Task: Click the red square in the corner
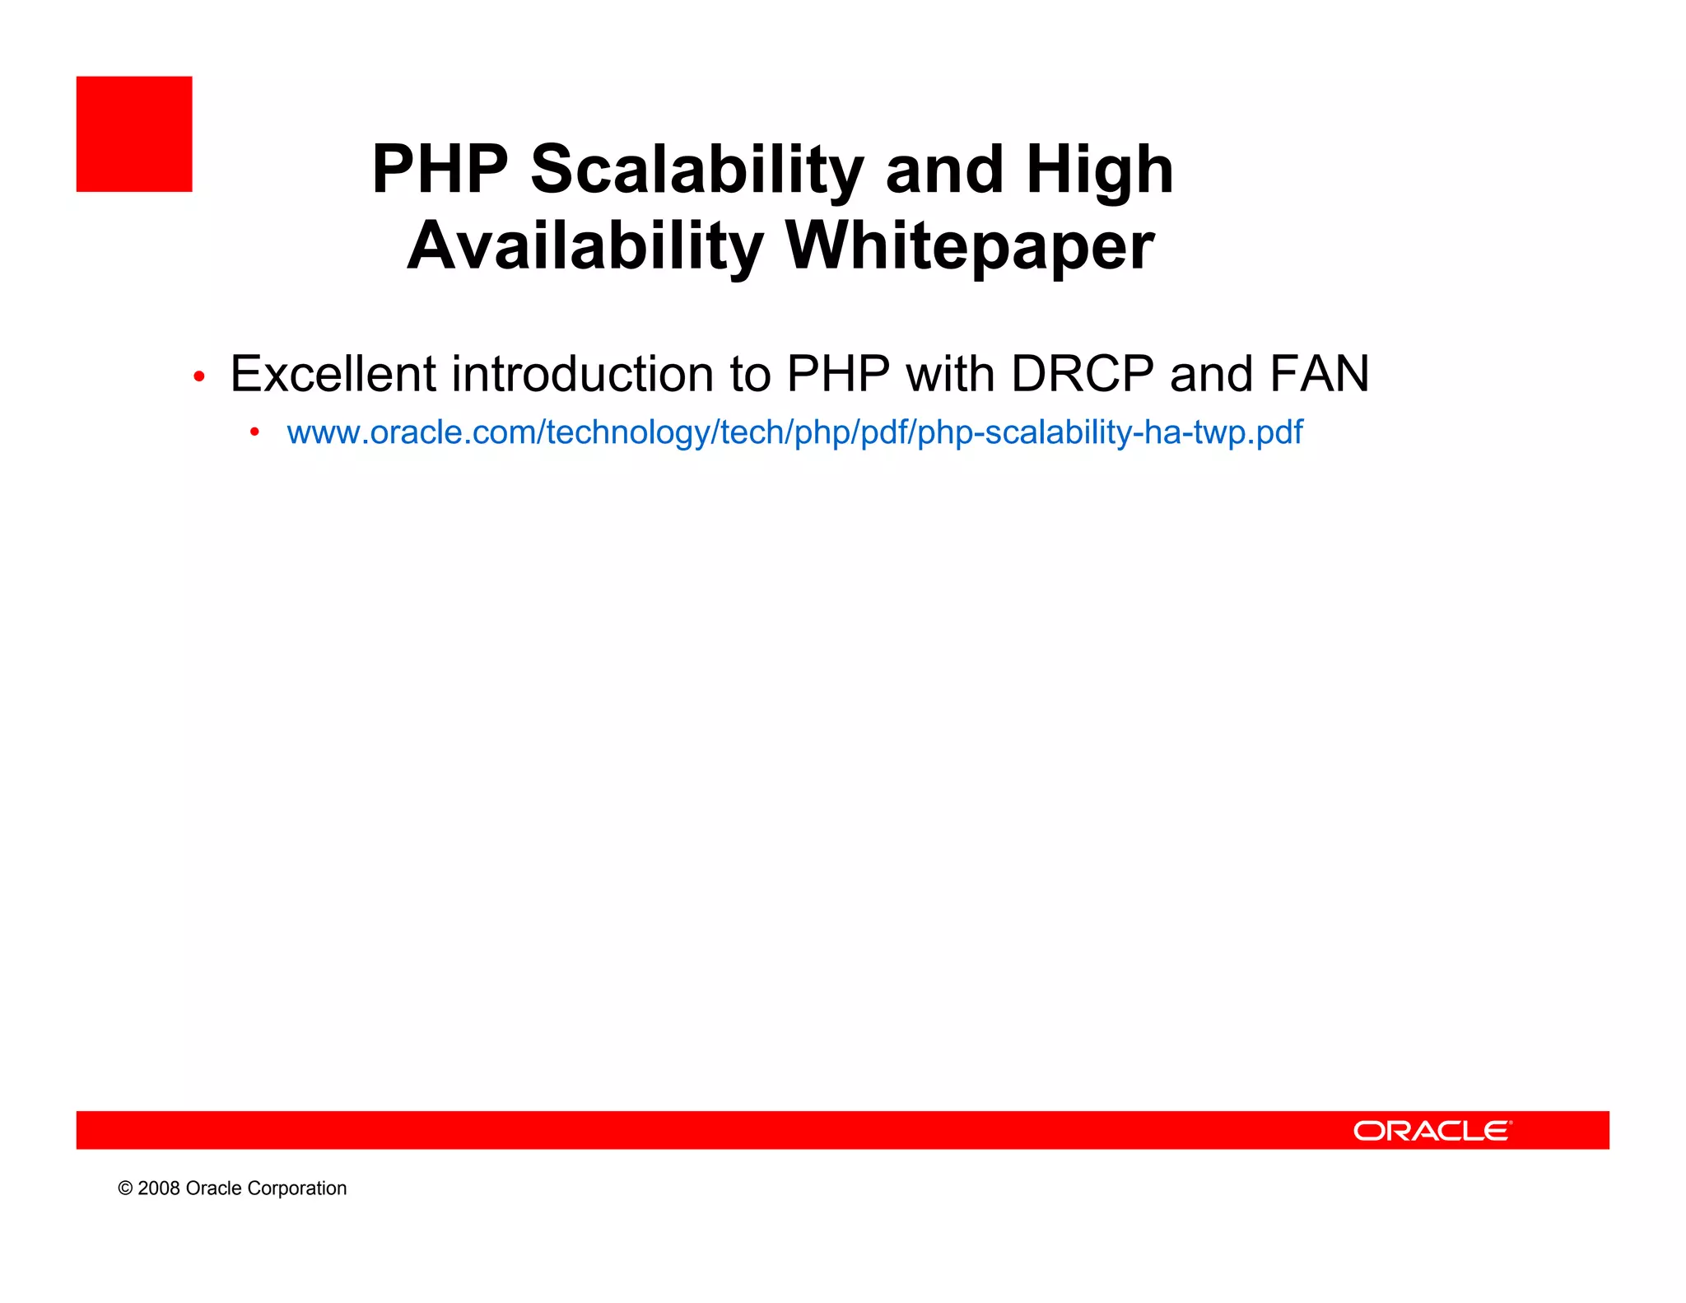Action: point(134,134)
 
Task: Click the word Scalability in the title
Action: point(696,170)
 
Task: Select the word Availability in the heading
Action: point(585,245)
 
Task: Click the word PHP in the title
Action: point(440,170)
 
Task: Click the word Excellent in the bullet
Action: point(333,374)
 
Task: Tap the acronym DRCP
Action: point(1082,374)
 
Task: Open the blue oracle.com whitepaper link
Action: point(794,432)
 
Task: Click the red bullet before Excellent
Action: point(198,377)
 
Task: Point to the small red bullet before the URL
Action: point(255,432)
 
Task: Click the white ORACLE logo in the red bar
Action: point(1432,1131)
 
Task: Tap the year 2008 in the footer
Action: point(158,1189)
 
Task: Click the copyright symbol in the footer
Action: point(125,1189)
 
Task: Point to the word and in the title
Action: point(944,170)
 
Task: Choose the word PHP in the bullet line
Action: point(838,374)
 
